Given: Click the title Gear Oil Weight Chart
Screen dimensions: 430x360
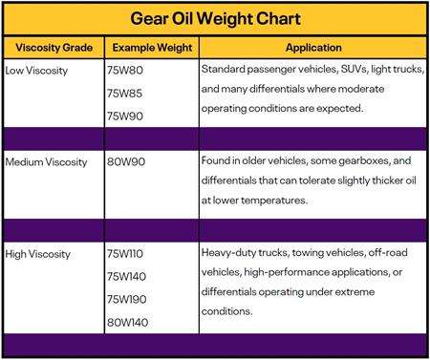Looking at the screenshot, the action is click(215, 18).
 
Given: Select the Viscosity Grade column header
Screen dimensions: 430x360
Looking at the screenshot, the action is click(54, 48).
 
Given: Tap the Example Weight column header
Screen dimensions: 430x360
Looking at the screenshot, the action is click(152, 48).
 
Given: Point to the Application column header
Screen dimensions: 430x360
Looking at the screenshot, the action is click(313, 48).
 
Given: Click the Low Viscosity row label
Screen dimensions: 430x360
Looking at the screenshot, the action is click(36, 71).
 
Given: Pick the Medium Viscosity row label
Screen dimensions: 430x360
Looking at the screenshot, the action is click(46, 162).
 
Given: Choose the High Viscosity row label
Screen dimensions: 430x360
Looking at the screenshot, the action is click(38, 254).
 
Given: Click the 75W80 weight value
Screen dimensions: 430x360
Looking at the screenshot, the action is click(125, 70).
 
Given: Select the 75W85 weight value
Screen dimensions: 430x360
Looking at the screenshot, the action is click(124, 94).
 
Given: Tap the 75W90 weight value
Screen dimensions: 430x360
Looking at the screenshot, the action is click(125, 116).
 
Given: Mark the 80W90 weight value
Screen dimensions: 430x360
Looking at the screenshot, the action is click(126, 161).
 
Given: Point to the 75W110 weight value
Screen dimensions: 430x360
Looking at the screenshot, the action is click(125, 254).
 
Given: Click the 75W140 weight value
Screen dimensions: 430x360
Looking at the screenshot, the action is click(126, 276).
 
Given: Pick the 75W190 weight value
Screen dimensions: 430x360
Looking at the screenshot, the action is click(127, 299).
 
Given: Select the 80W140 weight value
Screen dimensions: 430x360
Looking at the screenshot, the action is click(128, 323).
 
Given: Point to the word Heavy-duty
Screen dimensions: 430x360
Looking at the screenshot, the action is click(228, 253).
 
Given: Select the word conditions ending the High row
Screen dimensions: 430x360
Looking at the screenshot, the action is click(226, 311).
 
